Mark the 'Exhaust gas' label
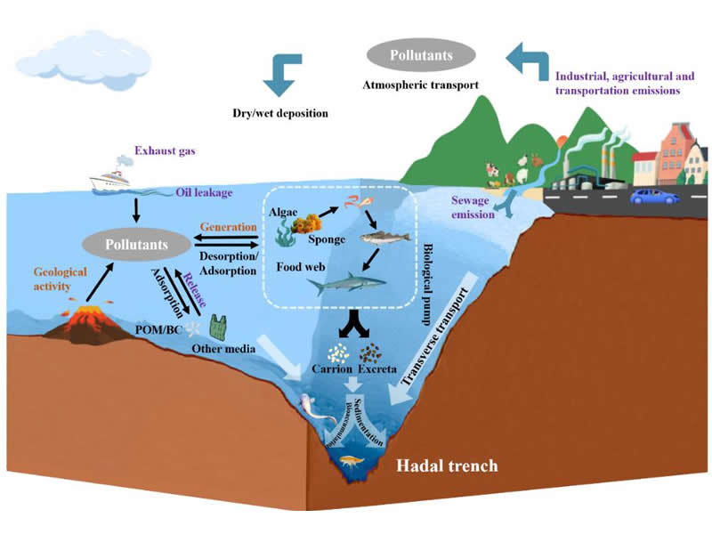(166, 150)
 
